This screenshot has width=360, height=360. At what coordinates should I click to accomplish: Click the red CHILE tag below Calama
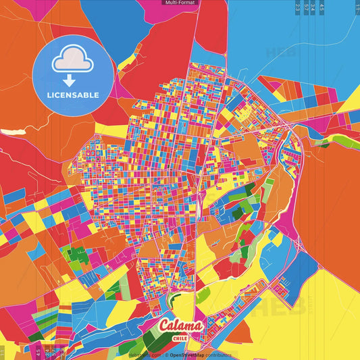point(180,338)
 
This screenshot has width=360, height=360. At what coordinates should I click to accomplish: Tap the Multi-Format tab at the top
point(179,3)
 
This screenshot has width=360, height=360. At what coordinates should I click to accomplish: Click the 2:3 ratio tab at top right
point(298,7)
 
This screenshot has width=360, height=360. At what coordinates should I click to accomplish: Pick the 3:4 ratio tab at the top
point(313,7)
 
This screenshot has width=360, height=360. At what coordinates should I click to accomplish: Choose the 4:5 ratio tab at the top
point(322,7)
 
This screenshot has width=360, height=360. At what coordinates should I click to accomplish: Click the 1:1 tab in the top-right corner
point(357,7)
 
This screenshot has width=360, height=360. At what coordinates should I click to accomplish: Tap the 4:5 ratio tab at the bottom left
point(38,353)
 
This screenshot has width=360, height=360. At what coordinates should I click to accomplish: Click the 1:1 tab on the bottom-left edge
point(3,353)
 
